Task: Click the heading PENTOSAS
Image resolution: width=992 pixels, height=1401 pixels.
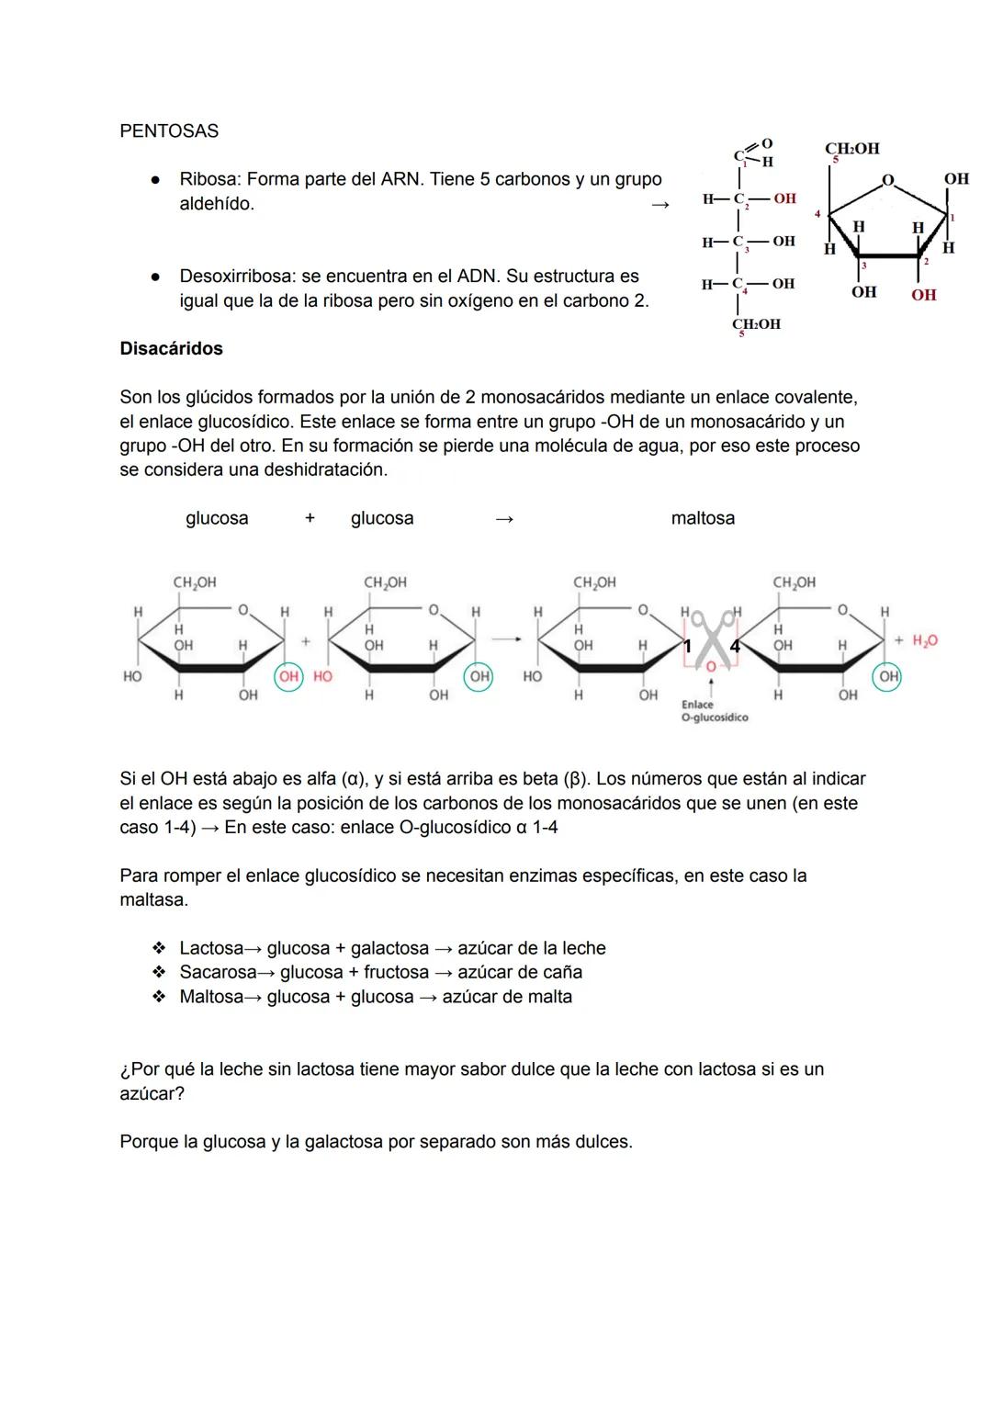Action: point(169,131)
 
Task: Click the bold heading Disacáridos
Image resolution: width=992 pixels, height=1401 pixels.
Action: point(171,349)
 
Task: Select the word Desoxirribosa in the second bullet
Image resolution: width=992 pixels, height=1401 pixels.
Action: point(237,277)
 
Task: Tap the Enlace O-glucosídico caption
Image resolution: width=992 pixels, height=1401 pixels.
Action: point(714,711)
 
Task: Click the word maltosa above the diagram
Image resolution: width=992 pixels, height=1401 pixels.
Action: point(703,518)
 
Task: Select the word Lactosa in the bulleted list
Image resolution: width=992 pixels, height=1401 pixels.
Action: point(211,948)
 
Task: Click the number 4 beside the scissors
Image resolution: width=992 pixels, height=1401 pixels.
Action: point(734,647)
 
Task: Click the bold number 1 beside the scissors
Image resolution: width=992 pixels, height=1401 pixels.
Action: point(687,647)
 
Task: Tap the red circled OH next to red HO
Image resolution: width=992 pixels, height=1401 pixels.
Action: point(289,677)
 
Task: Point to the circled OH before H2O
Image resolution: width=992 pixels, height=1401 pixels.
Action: point(887,677)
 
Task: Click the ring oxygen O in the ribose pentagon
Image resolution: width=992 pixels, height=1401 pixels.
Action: point(887,180)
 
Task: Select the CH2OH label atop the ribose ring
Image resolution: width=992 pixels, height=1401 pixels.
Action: point(851,149)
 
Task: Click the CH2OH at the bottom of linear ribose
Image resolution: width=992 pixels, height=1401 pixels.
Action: point(756,324)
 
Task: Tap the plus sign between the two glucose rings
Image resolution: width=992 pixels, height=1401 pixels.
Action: point(306,642)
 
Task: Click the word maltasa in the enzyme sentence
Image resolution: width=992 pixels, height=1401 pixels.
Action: point(153,900)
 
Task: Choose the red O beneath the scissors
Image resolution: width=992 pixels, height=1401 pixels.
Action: point(710,668)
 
